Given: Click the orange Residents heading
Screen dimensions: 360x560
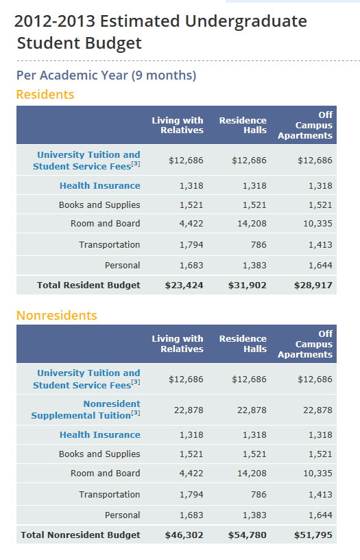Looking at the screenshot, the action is click(x=45, y=95).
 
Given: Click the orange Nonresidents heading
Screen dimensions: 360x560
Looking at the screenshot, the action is click(x=57, y=316).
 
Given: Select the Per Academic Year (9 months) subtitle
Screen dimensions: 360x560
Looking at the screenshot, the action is click(x=106, y=75).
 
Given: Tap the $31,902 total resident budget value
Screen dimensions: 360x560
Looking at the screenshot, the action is click(x=248, y=285).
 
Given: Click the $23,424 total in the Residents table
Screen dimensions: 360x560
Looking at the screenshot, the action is click(x=184, y=285).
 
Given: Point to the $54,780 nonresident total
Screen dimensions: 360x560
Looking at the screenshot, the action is click(x=248, y=535).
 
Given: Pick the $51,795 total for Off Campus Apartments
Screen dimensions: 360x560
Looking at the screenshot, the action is click(x=313, y=535).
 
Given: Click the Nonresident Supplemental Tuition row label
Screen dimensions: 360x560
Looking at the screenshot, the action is click(x=86, y=410).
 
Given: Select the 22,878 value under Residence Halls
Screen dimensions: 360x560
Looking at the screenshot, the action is click(x=252, y=410).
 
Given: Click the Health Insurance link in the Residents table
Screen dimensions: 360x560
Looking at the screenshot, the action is click(x=100, y=186).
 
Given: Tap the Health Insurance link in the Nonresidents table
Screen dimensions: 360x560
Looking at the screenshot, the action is click(x=100, y=434).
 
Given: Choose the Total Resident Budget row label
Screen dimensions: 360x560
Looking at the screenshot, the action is click(x=89, y=285).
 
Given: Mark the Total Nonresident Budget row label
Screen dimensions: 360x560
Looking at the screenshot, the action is click(x=81, y=535).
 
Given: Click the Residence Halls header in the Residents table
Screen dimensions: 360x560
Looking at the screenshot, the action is click(x=243, y=125).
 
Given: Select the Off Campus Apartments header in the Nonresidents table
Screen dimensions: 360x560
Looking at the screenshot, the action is click(x=305, y=344).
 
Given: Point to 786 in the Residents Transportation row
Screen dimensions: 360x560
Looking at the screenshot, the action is click(x=259, y=244).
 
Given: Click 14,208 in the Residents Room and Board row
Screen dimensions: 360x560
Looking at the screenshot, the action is click(x=252, y=224).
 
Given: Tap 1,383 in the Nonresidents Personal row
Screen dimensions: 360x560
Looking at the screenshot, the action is click(x=254, y=515).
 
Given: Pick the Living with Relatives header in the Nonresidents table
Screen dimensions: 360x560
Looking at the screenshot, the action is click(x=178, y=344).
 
